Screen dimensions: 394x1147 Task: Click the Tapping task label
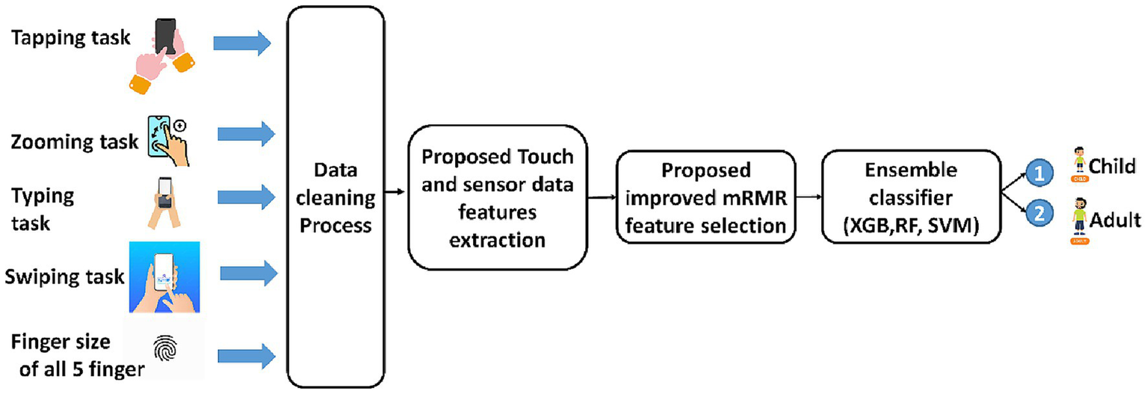click(x=64, y=36)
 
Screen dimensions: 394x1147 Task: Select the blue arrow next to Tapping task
click(x=242, y=43)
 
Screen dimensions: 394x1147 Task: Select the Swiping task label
click(x=64, y=277)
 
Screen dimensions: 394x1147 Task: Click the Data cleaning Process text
click(x=336, y=197)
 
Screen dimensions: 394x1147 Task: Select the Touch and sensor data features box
click(x=498, y=197)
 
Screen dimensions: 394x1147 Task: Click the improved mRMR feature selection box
click(x=705, y=197)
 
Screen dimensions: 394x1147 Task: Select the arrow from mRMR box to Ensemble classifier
click(x=808, y=197)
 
